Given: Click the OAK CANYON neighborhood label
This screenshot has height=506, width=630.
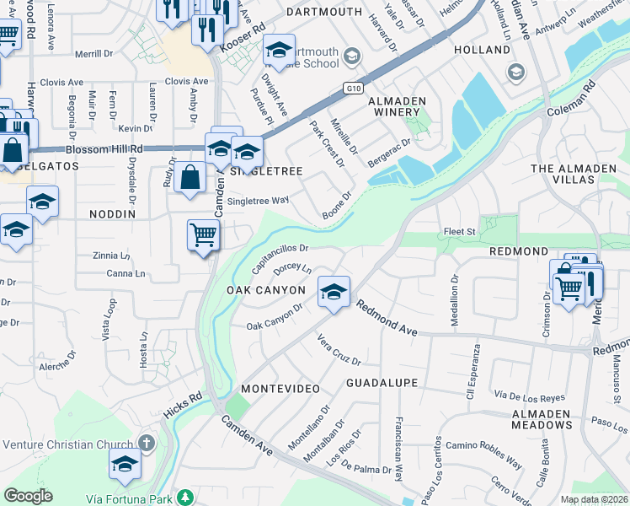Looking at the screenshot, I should (x=265, y=289).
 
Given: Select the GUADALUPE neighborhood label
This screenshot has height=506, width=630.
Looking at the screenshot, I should (x=382, y=383).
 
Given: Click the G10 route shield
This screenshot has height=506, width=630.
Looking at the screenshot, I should (x=354, y=87).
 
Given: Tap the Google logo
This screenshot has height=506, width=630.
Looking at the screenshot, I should (x=28, y=496).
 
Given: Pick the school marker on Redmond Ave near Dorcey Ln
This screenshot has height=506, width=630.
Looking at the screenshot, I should (x=334, y=292).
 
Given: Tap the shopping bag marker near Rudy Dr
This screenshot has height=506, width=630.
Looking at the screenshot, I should (x=190, y=177).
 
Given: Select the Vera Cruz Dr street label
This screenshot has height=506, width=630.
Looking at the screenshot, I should (x=339, y=350).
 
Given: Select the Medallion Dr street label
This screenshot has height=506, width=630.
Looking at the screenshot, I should (x=455, y=289).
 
